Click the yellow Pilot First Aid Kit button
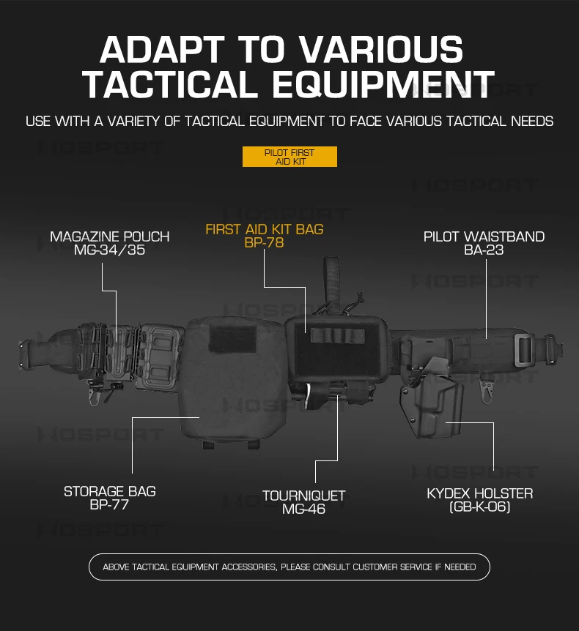click(x=289, y=157)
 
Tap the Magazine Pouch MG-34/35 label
click(x=110, y=243)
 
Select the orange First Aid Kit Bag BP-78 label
click(x=265, y=236)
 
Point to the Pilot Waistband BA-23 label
click(x=484, y=243)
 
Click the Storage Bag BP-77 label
click(x=110, y=498)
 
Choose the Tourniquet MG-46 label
click(x=304, y=502)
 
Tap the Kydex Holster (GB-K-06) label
click(x=480, y=500)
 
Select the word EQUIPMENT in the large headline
click(x=383, y=84)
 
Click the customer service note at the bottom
click(x=289, y=567)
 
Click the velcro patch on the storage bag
click(x=233, y=338)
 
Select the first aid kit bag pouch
click(x=338, y=348)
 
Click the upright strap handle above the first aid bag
click(x=331, y=283)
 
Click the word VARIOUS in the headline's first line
click(x=383, y=49)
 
